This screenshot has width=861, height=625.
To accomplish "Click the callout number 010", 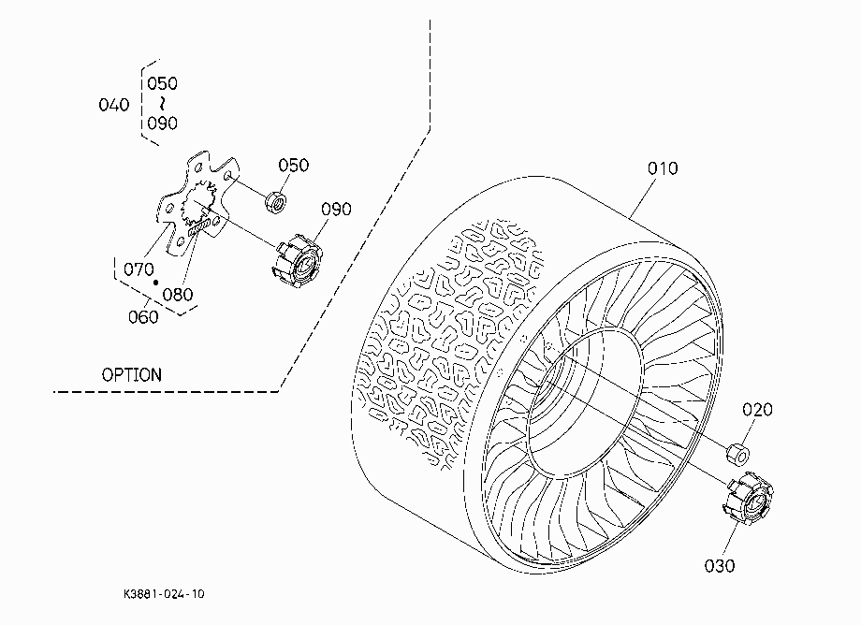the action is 663,168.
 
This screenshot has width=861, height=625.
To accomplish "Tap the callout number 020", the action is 757,410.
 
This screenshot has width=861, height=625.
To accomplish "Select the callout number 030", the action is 720,566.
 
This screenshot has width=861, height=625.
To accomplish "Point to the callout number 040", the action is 113,105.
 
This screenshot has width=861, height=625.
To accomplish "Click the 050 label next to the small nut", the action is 293,166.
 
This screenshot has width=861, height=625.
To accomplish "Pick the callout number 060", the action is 143,317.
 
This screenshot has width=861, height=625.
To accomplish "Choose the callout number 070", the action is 139,270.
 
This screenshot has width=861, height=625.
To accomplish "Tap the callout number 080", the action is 178,295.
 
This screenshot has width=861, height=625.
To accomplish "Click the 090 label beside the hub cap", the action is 336,209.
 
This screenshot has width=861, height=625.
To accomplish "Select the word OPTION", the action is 132,375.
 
